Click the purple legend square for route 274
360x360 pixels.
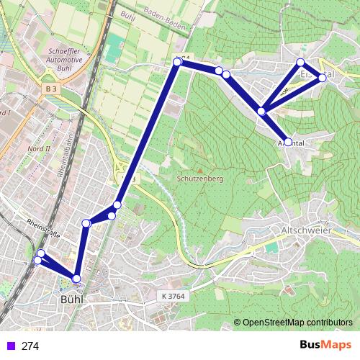pos(9,346)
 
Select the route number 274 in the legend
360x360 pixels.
pos(30,346)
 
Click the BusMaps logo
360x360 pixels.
pos(325,345)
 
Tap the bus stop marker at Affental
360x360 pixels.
pos(288,143)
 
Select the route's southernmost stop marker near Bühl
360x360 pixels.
pos(76,279)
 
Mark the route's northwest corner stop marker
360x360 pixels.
pos(177,63)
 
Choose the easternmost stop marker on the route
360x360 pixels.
pos(322,77)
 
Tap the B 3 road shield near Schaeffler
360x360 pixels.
pos(50,89)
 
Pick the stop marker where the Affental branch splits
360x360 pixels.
pos(262,111)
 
